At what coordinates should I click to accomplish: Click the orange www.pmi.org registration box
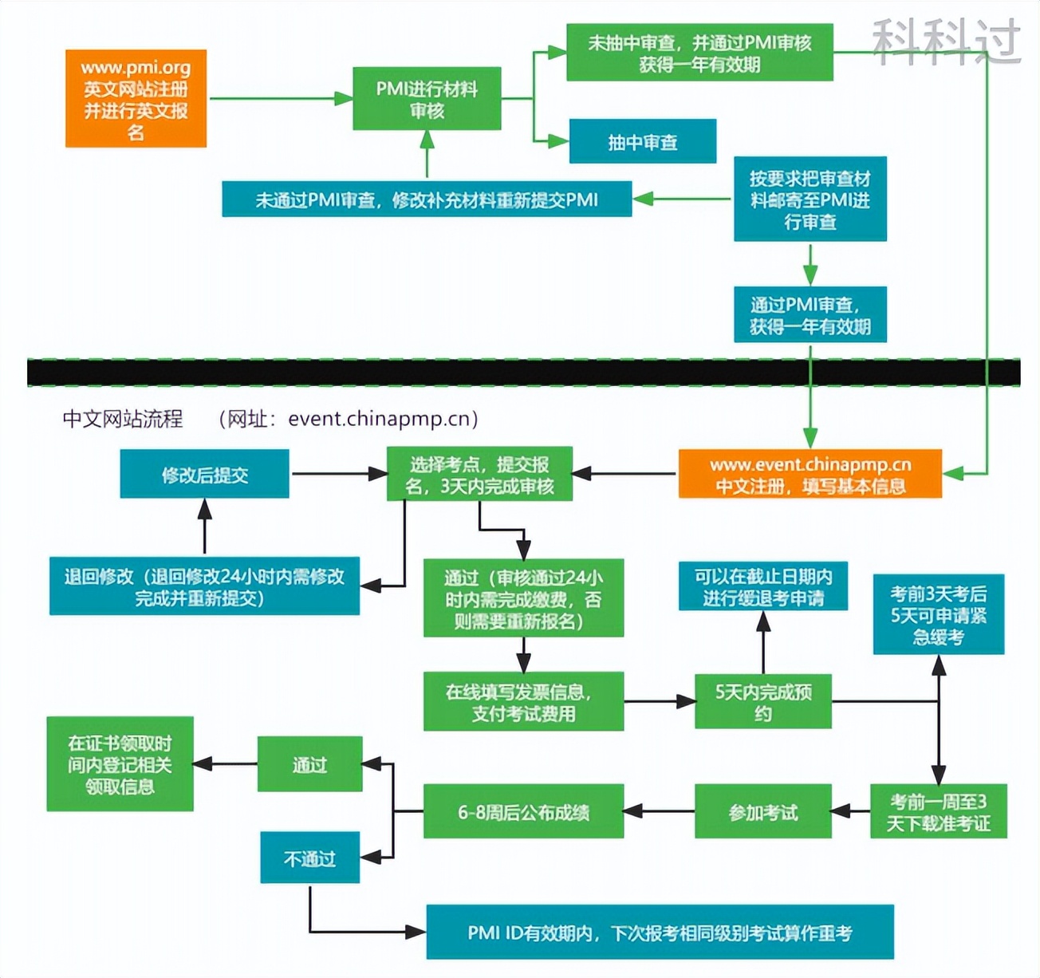136,99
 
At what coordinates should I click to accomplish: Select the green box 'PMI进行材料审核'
427,99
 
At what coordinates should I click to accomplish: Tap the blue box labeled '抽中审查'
642,142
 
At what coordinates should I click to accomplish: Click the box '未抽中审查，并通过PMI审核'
699,53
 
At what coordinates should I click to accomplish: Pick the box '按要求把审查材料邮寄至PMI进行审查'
810,199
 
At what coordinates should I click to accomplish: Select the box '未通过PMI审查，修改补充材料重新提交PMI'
427,199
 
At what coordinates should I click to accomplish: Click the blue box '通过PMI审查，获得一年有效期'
810,315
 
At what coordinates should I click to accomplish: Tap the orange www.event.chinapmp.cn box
810,475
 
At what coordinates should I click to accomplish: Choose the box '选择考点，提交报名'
479,475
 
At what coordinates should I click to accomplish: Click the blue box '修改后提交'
204,475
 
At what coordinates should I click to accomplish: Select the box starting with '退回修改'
204,586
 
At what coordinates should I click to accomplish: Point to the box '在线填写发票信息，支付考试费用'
523,702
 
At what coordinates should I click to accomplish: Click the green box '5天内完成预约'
762,702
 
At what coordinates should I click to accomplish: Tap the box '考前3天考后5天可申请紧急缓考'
938,614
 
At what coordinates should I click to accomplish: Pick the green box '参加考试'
762,812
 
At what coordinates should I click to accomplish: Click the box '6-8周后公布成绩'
523,812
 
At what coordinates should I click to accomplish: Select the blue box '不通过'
309,858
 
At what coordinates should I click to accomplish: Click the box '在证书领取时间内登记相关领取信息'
120,764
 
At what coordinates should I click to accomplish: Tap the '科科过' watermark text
946,41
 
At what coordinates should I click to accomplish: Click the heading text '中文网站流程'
123,419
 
